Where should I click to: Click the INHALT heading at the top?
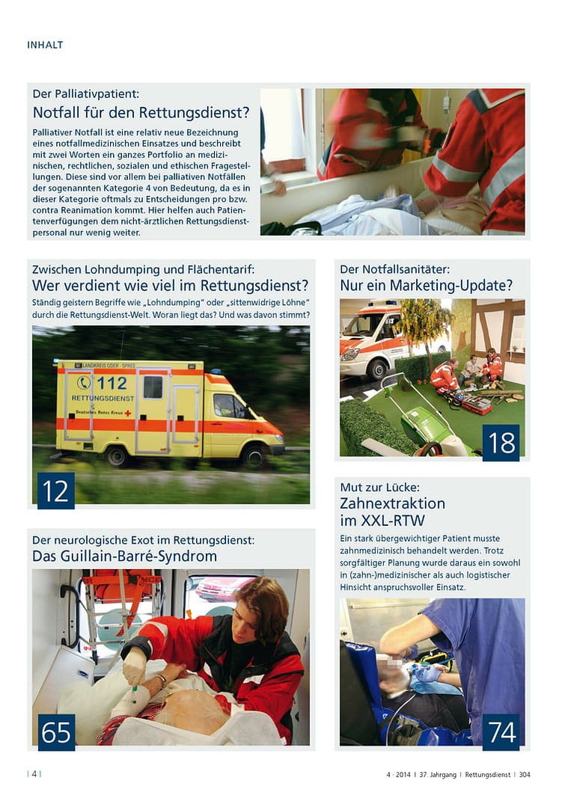(x=45, y=45)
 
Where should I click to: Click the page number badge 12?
(x=55, y=491)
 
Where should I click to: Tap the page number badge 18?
(x=501, y=443)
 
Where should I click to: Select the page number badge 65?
(x=56, y=732)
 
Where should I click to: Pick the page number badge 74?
(x=501, y=732)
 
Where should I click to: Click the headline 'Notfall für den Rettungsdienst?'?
(x=141, y=113)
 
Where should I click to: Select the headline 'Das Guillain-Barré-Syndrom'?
(x=124, y=556)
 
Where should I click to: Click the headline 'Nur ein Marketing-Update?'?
(x=426, y=285)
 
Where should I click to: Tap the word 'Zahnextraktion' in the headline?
(x=392, y=503)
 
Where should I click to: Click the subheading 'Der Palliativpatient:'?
(x=86, y=94)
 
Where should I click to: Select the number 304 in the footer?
(x=524, y=775)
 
